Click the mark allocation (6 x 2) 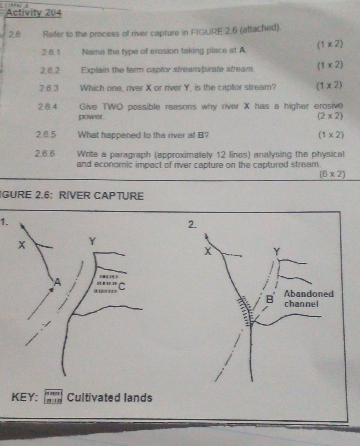(332, 174)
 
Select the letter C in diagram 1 (122, 287)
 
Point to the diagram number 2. (191, 224)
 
